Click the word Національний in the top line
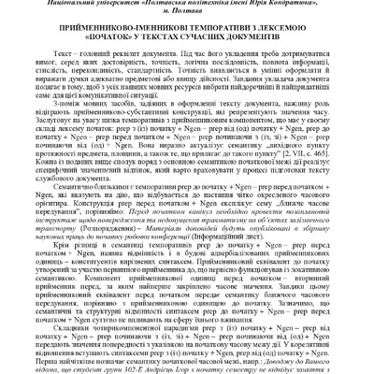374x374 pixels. click(44, 4)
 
